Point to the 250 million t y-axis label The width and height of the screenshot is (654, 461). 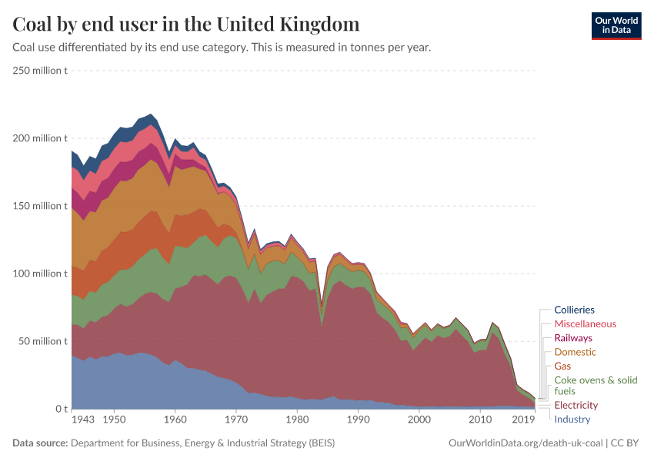click(x=41, y=71)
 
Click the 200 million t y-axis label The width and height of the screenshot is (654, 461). click(x=41, y=138)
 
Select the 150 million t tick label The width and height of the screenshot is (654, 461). click(x=41, y=206)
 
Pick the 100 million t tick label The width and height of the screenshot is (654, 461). click(x=41, y=274)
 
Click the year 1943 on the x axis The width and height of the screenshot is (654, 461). click(x=83, y=420)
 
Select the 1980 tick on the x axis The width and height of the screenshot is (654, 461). click(x=297, y=420)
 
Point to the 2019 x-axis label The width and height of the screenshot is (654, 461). click(x=524, y=420)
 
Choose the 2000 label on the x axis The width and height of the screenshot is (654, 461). click(x=419, y=420)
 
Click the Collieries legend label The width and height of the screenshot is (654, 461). click(x=574, y=310)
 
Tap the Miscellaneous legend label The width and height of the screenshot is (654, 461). click(x=585, y=324)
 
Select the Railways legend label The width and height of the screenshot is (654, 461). click(x=573, y=338)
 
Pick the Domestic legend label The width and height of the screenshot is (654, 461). click(x=575, y=352)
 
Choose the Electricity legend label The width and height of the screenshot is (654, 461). click(x=576, y=405)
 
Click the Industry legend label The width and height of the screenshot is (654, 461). click(x=571, y=419)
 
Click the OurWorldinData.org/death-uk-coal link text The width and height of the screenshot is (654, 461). click(x=526, y=443)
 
